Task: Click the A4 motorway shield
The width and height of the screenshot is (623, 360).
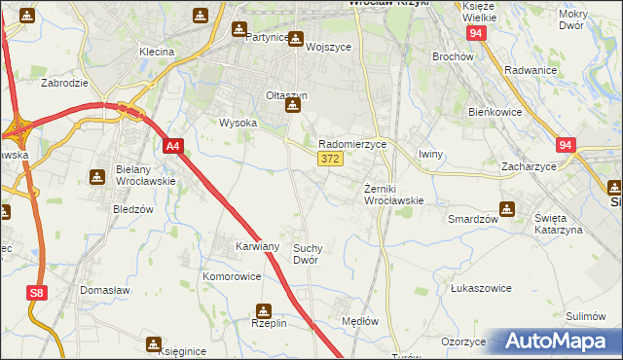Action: coord(172,147)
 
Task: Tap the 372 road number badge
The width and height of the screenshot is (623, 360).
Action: coord(329,159)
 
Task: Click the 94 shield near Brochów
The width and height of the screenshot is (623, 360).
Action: coord(475,33)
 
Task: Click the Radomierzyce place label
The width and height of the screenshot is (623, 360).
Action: coord(352,143)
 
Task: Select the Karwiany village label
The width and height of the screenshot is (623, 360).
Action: coord(258,247)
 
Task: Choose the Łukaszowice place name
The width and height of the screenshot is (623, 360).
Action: coord(481,289)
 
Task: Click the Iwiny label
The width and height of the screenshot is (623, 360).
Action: coord(431,154)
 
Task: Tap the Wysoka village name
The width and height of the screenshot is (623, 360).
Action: coord(238,124)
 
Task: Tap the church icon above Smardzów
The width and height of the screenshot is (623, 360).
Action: coord(507,207)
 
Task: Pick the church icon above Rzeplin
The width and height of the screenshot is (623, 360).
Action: coord(262,311)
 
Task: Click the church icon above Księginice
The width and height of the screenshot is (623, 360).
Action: coord(154,344)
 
